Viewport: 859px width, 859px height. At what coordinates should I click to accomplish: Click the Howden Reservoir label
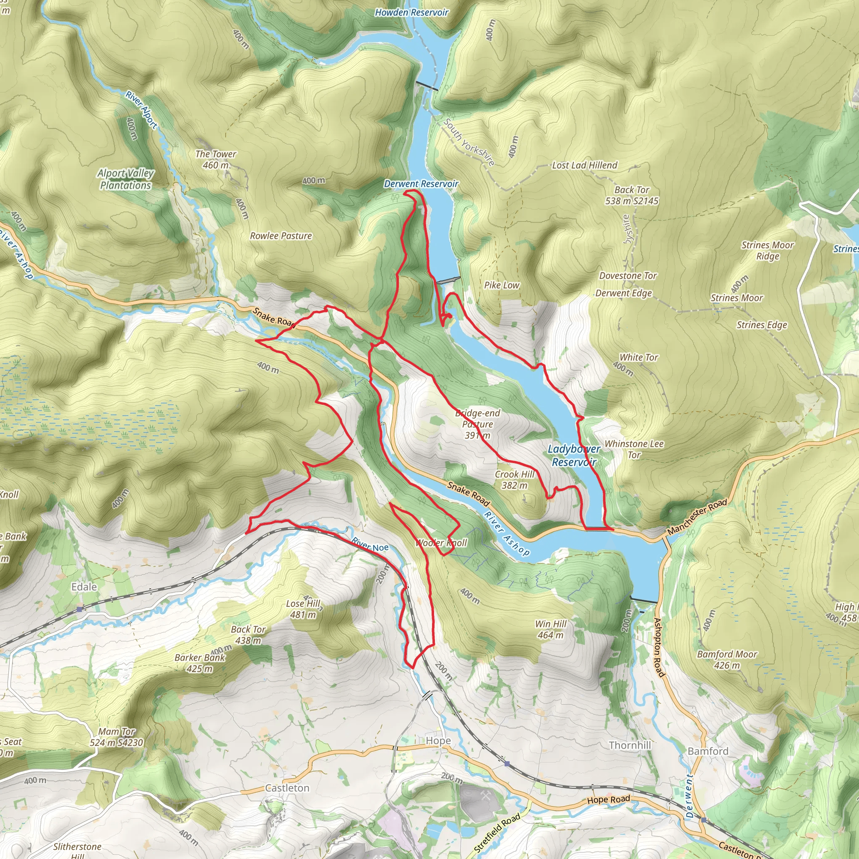(x=411, y=13)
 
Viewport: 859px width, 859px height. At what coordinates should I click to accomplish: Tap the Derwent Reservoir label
(x=421, y=184)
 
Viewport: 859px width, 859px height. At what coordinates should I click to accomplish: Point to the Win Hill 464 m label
(x=550, y=630)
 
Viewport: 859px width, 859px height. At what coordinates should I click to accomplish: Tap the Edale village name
(x=84, y=587)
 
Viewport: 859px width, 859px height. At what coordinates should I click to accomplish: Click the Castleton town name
(x=287, y=788)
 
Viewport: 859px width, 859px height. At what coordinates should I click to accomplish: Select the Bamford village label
(x=708, y=751)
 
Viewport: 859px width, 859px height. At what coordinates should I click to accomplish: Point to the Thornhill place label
(x=630, y=745)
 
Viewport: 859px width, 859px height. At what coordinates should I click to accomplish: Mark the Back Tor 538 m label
(x=631, y=195)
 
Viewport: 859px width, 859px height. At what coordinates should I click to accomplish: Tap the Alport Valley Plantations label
(x=125, y=179)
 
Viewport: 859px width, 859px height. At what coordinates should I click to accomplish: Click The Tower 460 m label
(x=216, y=159)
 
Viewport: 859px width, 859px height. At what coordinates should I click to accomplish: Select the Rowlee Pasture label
(x=281, y=236)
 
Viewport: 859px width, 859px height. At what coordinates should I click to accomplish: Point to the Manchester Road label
(x=697, y=517)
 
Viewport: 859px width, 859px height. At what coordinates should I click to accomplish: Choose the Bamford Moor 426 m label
(x=726, y=659)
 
